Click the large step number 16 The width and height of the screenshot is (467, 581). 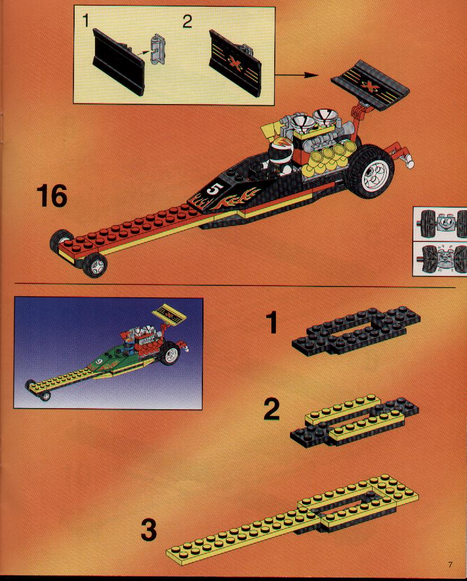[52, 196]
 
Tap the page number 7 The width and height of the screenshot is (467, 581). [450, 565]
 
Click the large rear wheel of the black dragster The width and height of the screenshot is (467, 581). [370, 172]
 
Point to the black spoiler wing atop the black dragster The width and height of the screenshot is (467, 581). [370, 85]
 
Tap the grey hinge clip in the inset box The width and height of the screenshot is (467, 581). [158, 49]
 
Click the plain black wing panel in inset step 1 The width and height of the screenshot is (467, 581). [118, 62]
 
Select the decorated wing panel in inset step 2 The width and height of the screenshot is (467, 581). [236, 63]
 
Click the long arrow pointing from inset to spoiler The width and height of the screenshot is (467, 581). [296, 75]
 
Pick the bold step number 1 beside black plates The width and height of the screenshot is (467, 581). [271, 322]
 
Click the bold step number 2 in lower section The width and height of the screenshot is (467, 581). [271, 409]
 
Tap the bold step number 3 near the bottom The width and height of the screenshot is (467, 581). [149, 530]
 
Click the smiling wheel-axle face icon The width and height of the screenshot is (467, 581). [440, 223]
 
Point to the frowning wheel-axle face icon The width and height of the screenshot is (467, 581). [440, 259]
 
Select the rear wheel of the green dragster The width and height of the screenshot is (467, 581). [170, 354]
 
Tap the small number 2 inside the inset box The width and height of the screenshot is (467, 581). [187, 21]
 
